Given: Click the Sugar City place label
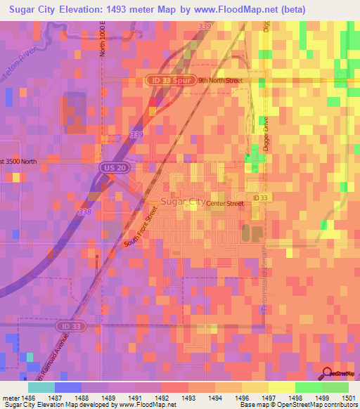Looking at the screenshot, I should [183, 202].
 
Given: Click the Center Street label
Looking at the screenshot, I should [224, 204].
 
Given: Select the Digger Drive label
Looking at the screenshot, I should [266, 134].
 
